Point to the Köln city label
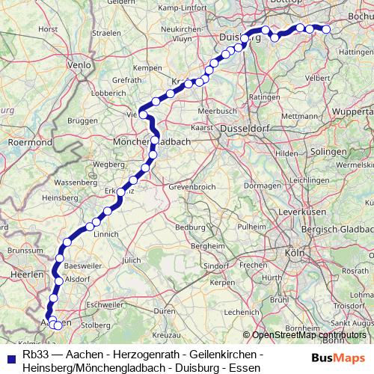[294, 254]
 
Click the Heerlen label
[28, 275]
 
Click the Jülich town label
[131, 260]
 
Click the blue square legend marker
[10, 355]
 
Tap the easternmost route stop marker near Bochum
[326, 29]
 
